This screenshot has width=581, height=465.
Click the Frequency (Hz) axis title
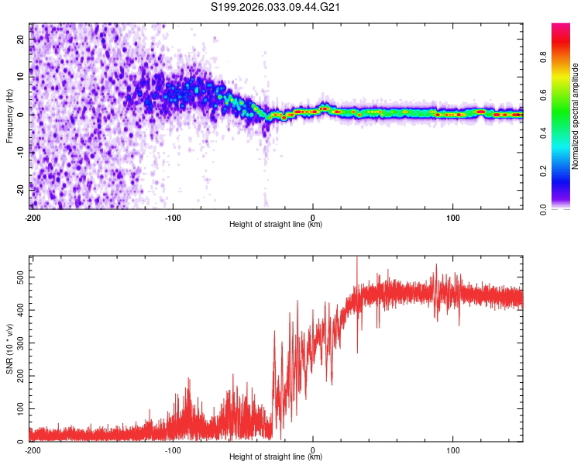[9, 116]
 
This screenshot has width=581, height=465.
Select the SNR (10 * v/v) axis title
[9, 349]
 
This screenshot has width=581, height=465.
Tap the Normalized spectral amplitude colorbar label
[575, 116]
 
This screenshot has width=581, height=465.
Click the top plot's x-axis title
[276, 224]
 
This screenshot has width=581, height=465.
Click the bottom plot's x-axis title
[276, 456]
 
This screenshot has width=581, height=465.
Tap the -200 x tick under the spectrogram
[33, 216]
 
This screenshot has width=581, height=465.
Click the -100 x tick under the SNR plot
[172, 449]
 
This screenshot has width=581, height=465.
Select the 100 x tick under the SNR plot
[453, 449]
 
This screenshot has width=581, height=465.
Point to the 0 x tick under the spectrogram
[313, 216]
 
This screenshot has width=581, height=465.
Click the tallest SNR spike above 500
[356, 259]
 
